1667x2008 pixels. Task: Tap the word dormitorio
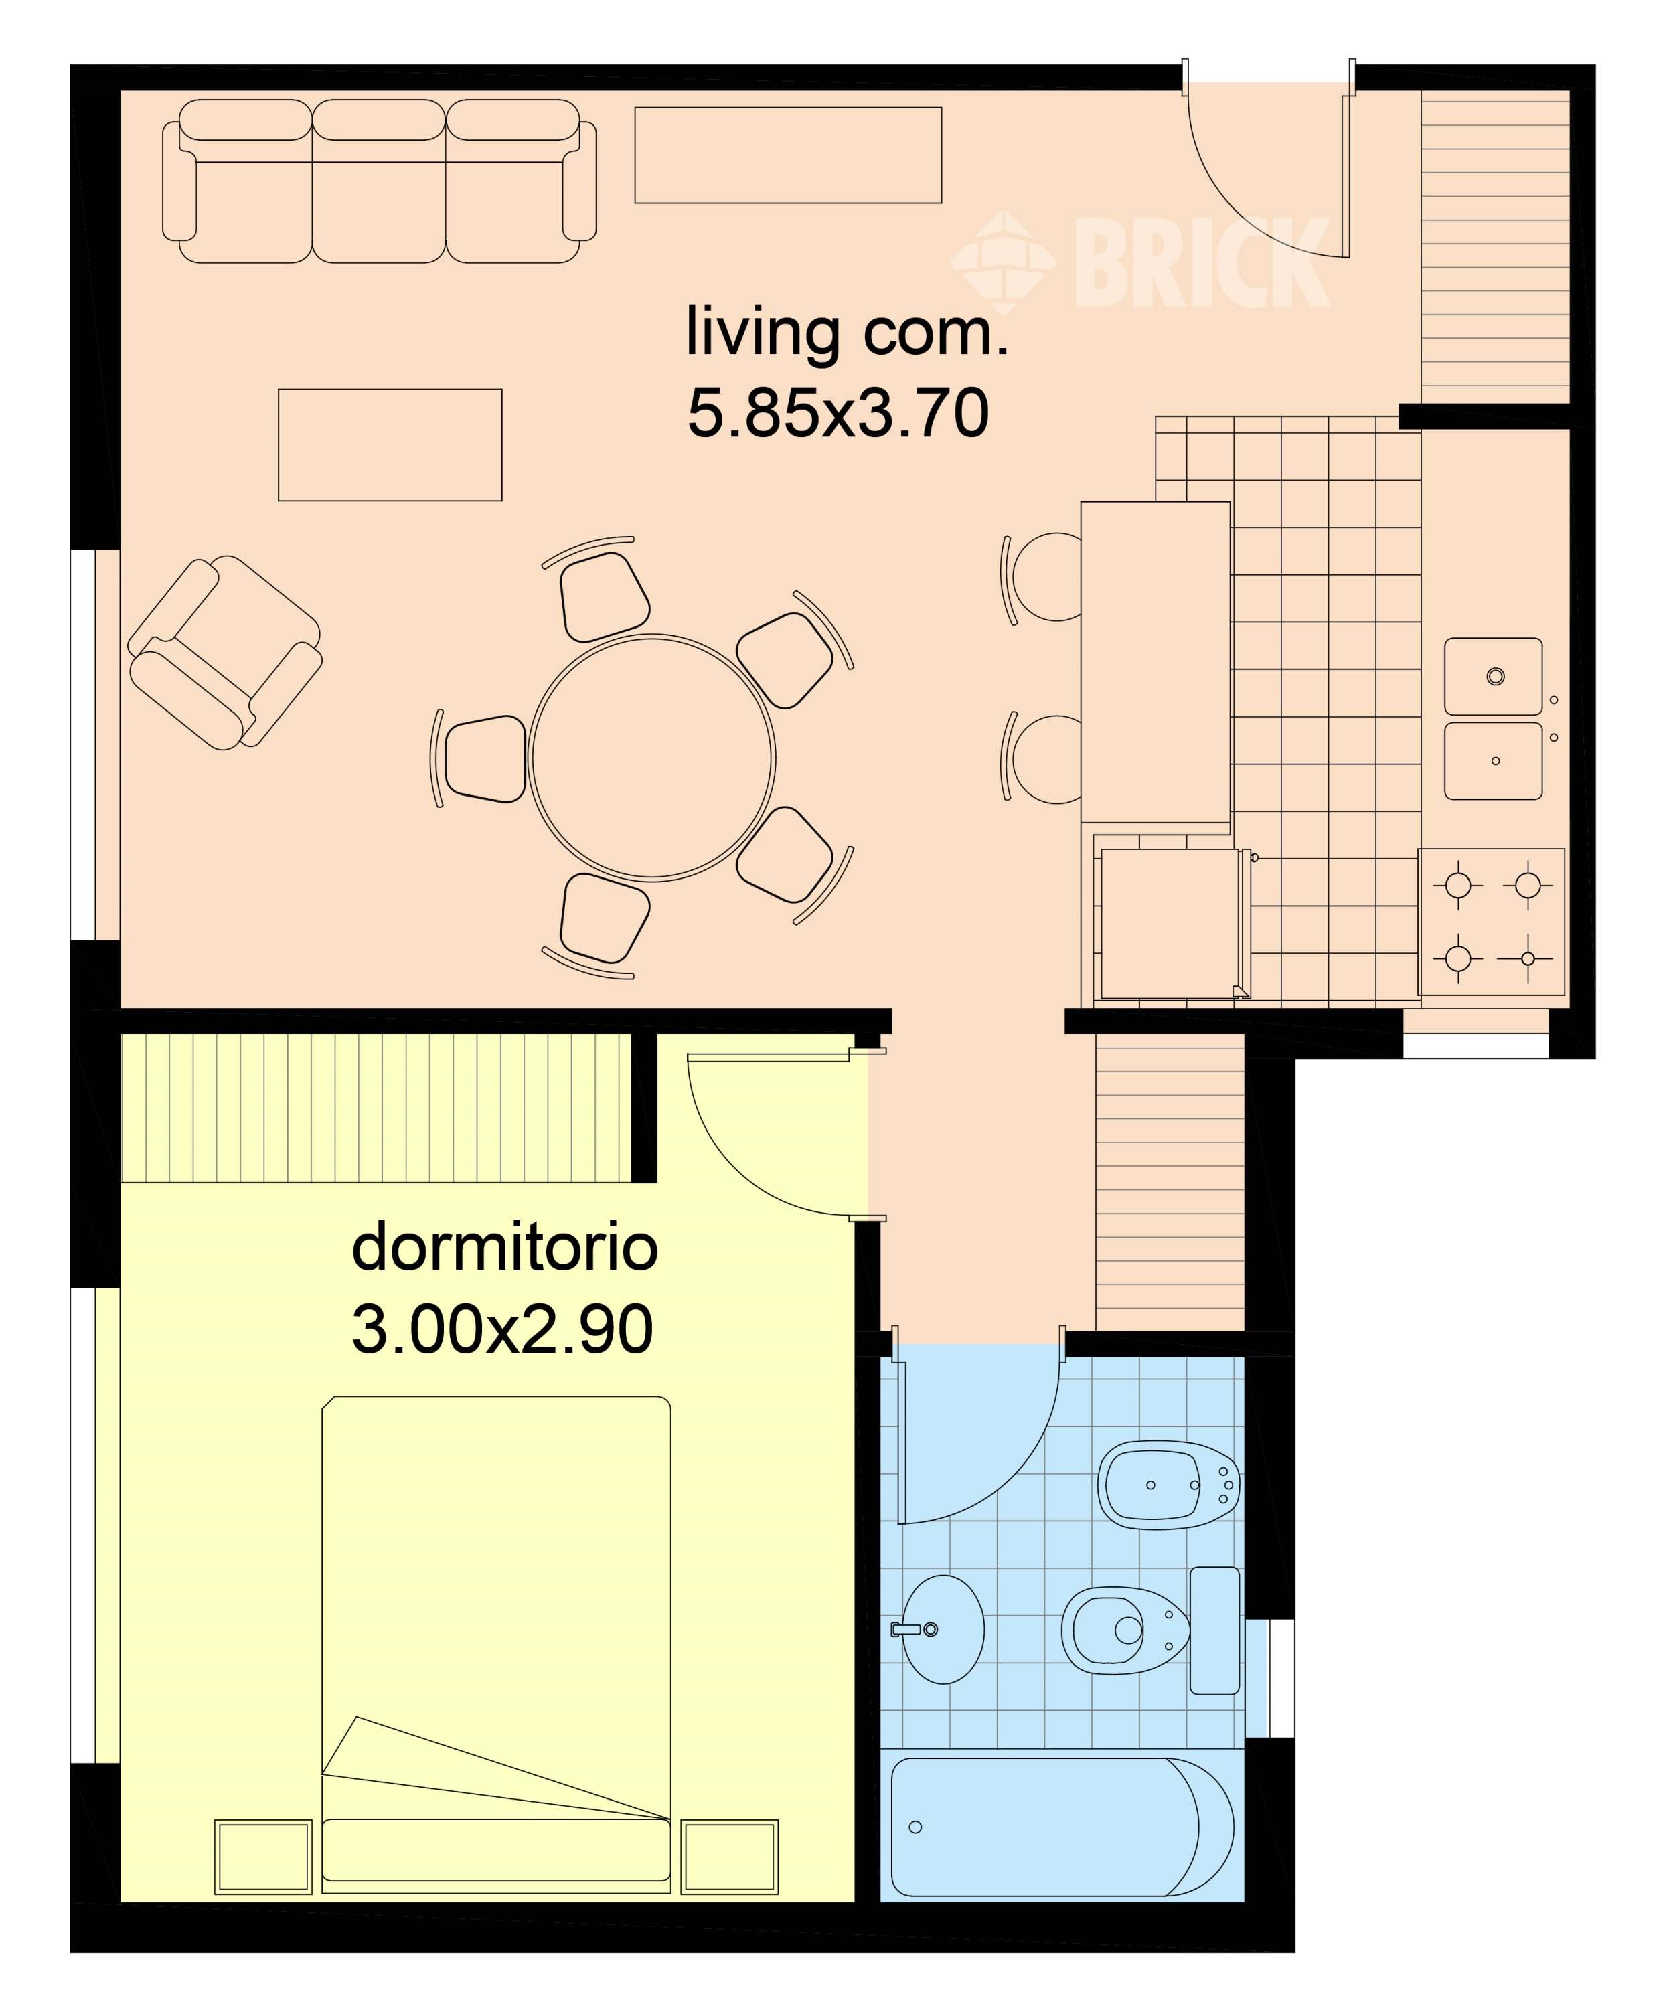click(505, 1247)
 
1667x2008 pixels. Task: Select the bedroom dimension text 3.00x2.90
click(503, 1329)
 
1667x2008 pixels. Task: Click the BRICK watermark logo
click(1140, 261)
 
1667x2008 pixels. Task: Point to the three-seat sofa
click(380, 181)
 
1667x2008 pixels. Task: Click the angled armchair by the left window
click(225, 652)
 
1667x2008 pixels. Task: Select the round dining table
click(652, 757)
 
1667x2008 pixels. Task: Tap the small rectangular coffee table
click(390, 444)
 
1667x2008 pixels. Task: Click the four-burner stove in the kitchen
click(1492, 922)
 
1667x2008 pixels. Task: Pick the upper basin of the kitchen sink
click(1493, 676)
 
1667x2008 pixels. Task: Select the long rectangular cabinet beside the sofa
click(788, 155)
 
